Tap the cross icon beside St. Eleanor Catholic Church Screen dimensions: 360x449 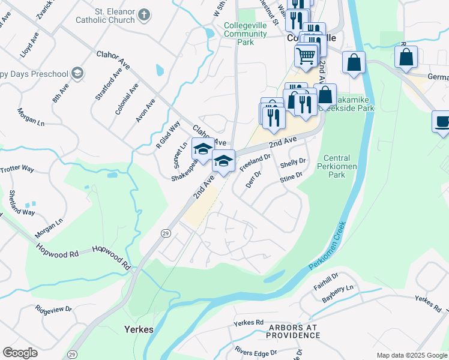pyautogui.click(x=144, y=14)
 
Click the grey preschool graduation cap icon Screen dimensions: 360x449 pyautogui.click(x=77, y=73)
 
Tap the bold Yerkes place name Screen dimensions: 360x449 pyautogui.click(x=139, y=329)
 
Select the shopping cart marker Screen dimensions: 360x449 pyautogui.click(x=306, y=56)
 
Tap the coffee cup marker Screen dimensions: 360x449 pyautogui.click(x=442, y=122)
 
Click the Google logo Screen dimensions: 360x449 pyautogui.click(x=20, y=353)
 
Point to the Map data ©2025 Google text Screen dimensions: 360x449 pyautogui.click(x=412, y=355)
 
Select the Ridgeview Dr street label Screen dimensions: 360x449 pyautogui.click(x=53, y=310)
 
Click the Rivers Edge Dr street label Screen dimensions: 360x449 pyautogui.click(x=252, y=352)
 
